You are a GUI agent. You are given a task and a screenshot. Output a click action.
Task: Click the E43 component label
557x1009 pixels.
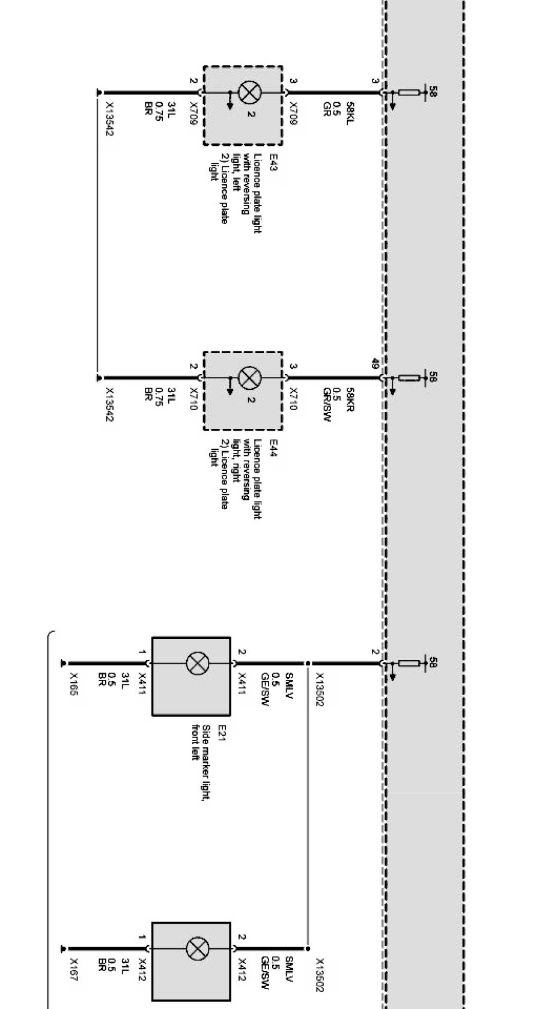click(x=273, y=163)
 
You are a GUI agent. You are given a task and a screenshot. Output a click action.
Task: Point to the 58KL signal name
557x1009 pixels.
click(x=350, y=111)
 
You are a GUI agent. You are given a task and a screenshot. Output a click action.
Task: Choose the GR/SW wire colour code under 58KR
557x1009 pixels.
click(x=327, y=404)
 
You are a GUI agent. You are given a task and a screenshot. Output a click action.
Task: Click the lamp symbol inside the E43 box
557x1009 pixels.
click(x=248, y=92)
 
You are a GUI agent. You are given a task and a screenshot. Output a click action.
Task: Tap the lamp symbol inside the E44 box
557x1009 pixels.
click(x=248, y=378)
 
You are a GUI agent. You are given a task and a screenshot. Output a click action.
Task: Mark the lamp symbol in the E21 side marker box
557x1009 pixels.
click(x=196, y=664)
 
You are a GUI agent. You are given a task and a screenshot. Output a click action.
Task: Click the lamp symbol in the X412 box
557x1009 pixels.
click(x=196, y=949)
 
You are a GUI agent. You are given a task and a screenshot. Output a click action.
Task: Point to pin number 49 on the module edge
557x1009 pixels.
click(x=375, y=364)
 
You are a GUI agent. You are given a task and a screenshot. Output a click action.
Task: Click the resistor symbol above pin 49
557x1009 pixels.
click(x=410, y=378)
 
